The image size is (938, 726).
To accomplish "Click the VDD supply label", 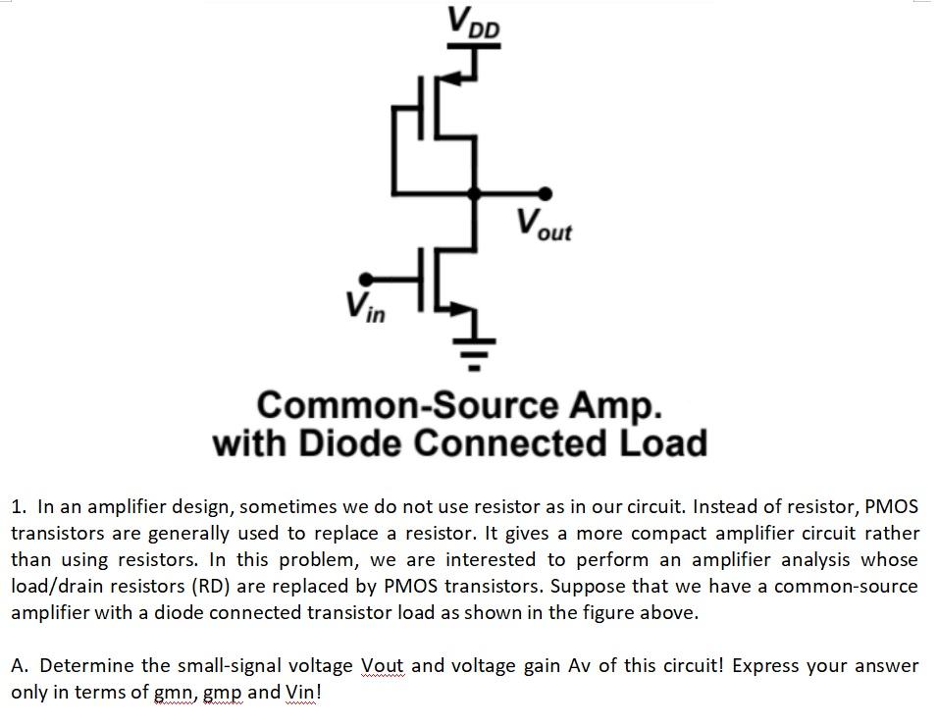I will pyautogui.click(x=474, y=23).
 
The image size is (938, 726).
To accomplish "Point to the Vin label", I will pyautogui.click(x=364, y=309).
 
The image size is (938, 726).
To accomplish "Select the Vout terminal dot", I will pyautogui.click(x=546, y=193).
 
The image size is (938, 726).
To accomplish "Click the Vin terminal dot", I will pyautogui.click(x=366, y=279).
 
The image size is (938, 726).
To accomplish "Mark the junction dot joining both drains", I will pyautogui.click(x=474, y=193).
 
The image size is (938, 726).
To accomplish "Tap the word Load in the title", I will pyautogui.click(x=662, y=443).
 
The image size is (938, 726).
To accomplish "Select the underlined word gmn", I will pyautogui.click(x=176, y=692).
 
